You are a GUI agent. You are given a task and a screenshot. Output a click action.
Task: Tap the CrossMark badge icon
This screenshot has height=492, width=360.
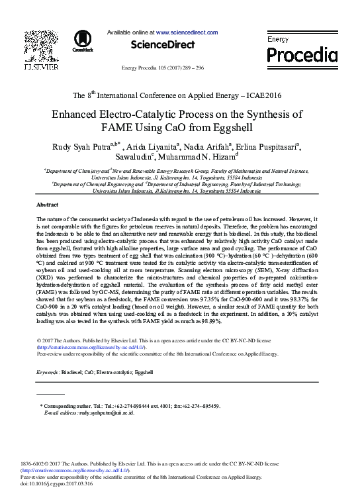pyautogui.click(x=83, y=40)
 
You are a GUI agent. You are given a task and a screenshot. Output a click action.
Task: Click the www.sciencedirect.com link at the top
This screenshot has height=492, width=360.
pyautogui.click(x=187, y=32)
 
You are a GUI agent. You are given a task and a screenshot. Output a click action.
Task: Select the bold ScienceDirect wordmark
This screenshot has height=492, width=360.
pyautogui.click(x=162, y=45)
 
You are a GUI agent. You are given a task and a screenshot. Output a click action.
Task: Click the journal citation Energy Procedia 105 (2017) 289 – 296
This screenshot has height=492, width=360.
pyautogui.click(x=163, y=69)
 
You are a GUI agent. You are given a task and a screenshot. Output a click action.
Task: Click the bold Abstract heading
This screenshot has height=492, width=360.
pyautogui.click(x=47, y=205)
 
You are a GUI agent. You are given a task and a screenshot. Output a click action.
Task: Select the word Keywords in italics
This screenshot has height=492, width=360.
pyautogui.click(x=50, y=373)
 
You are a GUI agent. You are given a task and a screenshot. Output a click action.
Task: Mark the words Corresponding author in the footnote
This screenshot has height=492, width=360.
pyautogui.click(x=69, y=405)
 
